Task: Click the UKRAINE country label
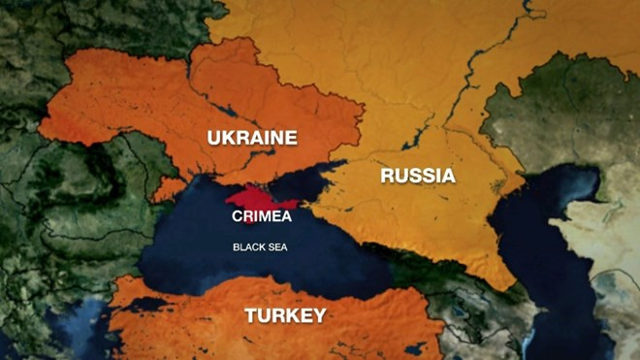[252, 138]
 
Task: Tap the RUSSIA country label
[417, 176]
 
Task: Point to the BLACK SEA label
[260, 246]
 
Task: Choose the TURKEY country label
[285, 315]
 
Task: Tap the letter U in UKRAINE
[214, 138]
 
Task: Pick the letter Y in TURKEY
[319, 315]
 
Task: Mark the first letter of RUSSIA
[387, 176]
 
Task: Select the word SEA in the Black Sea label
[276, 246]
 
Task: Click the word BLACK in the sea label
[248, 246]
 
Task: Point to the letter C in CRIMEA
[236, 216]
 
